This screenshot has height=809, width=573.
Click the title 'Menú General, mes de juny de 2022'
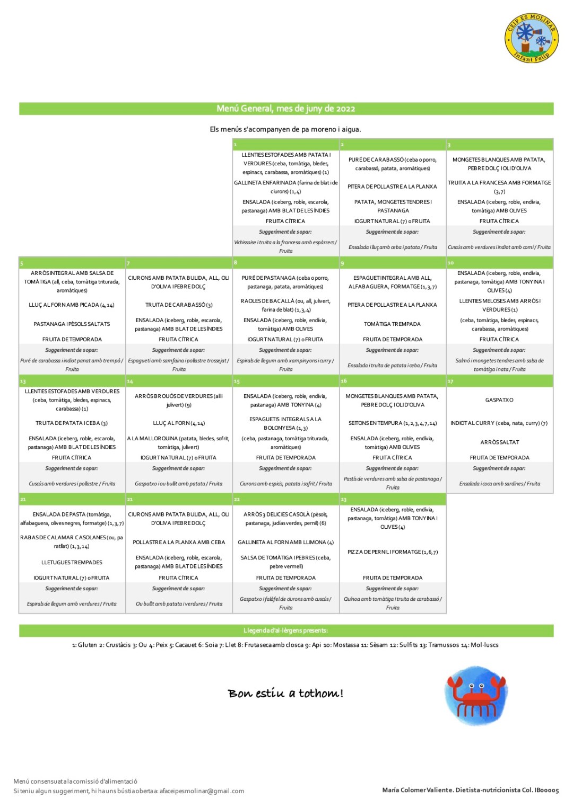pyautogui.click(x=286, y=109)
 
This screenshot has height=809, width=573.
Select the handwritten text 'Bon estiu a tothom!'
pyautogui.click(x=285, y=694)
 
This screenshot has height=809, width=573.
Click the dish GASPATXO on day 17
pyautogui.click(x=499, y=400)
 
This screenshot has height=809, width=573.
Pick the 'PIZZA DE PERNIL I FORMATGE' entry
pyautogui.click(x=393, y=552)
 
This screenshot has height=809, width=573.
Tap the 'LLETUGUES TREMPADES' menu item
pyautogui.click(x=72, y=563)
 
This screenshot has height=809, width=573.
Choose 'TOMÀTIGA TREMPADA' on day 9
pyautogui.click(x=393, y=324)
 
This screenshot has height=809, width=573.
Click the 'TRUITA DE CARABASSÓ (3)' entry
pyautogui.click(x=179, y=305)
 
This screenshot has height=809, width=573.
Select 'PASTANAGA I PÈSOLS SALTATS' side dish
pyautogui.click(x=72, y=324)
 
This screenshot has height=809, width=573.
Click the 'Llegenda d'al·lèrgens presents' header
pyautogui.click(x=285, y=630)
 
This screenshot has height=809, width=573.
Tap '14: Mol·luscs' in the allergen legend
pyautogui.click(x=480, y=645)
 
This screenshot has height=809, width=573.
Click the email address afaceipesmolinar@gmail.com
pyautogui.click(x=202, y=791)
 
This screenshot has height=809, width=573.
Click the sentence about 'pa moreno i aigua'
pyautogui.click(x=285, y=129)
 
